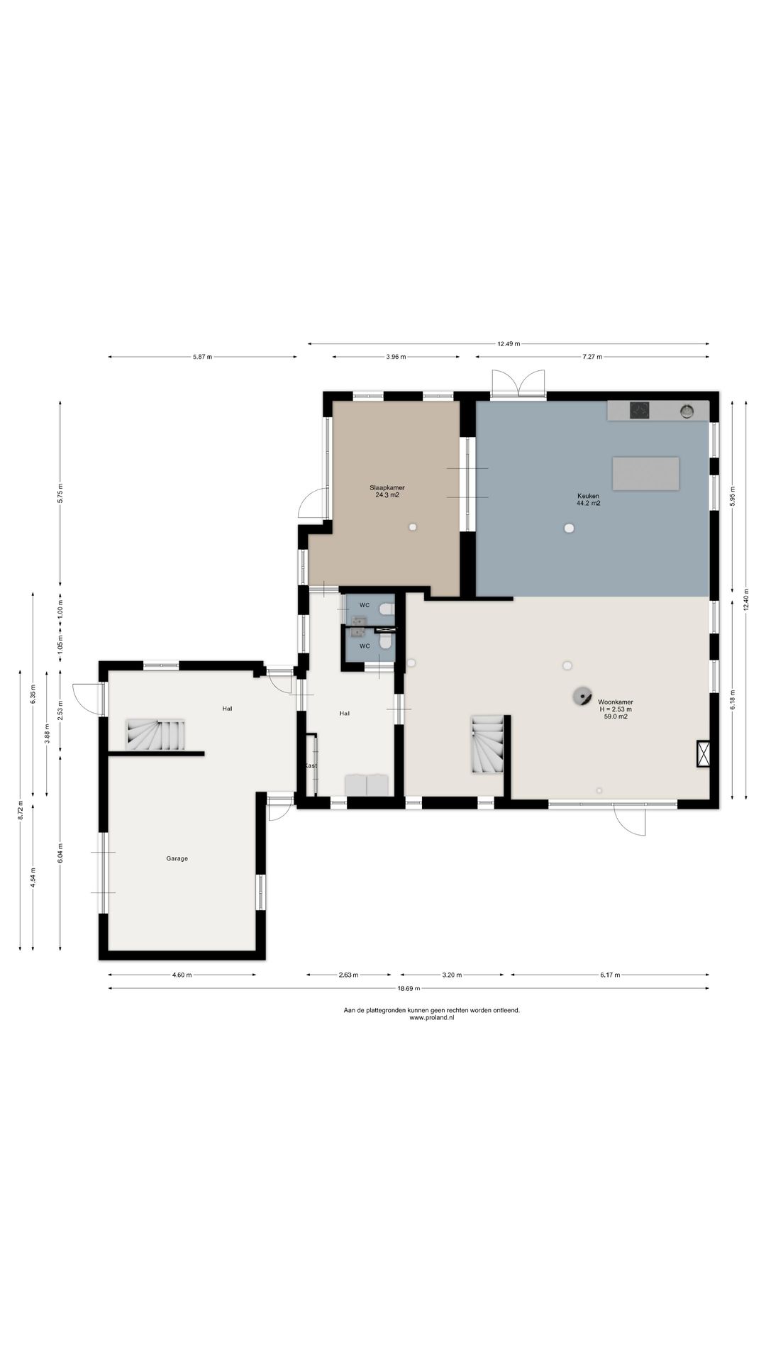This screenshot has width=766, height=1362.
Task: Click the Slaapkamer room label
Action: (387, 487)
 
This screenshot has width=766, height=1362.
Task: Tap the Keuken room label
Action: (589, 496)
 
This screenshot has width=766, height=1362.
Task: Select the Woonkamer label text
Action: (616, 702)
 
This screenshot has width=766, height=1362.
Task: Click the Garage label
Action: (177, 858)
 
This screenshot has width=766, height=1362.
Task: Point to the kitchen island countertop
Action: (645, 474)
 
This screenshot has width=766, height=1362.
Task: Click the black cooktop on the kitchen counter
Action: (640, 410)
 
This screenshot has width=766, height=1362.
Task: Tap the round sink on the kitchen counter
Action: (687, 410)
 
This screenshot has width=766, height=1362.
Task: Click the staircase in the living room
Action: (487, 744)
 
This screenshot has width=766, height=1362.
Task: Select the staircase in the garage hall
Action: (156, 735)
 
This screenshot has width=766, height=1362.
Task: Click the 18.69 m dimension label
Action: (409, 988)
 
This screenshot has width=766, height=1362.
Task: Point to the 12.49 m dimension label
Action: (509, 343)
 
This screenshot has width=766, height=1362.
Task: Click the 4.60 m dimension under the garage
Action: (182, 975)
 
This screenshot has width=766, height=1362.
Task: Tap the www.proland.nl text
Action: (432, 1017)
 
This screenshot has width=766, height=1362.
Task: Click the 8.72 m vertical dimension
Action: (20, 809)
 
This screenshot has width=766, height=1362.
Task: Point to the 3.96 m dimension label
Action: (396, 357)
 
